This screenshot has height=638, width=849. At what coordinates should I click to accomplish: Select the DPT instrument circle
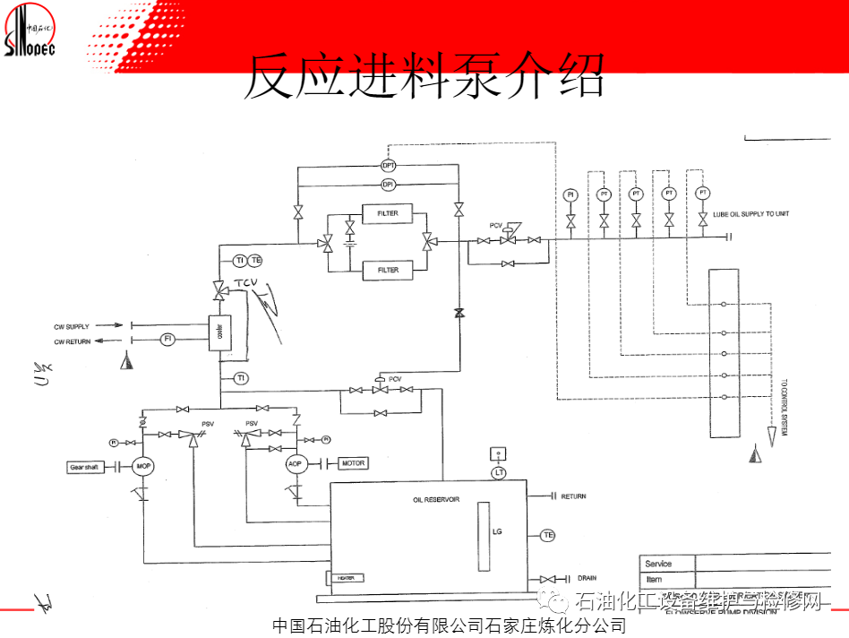coord(389,166)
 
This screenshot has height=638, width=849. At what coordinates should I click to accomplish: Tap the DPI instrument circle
coord(389,185)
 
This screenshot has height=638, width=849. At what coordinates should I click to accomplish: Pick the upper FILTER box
coord(388,213)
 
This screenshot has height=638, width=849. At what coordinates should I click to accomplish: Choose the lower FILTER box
coord(388,270)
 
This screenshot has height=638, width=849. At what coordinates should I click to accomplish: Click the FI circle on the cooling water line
coord(167,339)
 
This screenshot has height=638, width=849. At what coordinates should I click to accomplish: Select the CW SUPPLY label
coord(72,326)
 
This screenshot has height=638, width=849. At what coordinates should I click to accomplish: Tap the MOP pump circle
coord(143,466)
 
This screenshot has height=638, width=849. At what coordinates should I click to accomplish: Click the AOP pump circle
coord(296,464)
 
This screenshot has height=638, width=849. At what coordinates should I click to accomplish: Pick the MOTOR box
coord(353,463)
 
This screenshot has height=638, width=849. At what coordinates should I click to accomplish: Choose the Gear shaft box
coord(87,467)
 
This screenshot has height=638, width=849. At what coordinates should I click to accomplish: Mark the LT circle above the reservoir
coord(499,472)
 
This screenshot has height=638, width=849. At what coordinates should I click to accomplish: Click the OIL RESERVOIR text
coord(436,499)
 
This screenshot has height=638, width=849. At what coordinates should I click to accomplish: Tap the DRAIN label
coord(587,578)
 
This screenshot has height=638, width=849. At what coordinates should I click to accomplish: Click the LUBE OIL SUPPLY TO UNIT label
coord(751,214)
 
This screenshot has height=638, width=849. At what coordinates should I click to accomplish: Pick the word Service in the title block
coord(658,564)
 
